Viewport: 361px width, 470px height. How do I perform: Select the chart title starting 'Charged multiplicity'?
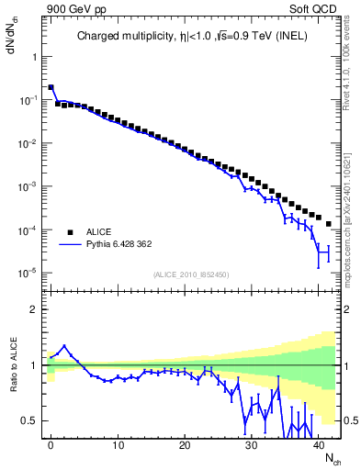[x=192, y=37]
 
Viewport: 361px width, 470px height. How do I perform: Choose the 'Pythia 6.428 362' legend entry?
[x=127, y=245]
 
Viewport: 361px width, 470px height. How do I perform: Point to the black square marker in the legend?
[x=69, y=232]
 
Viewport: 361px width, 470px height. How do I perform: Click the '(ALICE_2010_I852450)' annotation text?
[x=192, y=274]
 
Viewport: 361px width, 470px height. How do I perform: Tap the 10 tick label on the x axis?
[x=118, y=443]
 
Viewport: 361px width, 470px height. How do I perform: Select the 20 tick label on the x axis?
[x=185, y=443]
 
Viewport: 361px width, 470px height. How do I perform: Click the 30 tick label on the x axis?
[x=252, y=443]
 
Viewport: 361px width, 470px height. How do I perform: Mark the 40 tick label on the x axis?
[x=319, y=443]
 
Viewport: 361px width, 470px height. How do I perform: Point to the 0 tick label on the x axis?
[x=51, y=443]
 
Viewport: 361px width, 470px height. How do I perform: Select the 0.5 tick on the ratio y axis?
[x=29, y=420]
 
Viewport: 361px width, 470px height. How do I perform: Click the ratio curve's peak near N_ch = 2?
[x=64, y=346]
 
